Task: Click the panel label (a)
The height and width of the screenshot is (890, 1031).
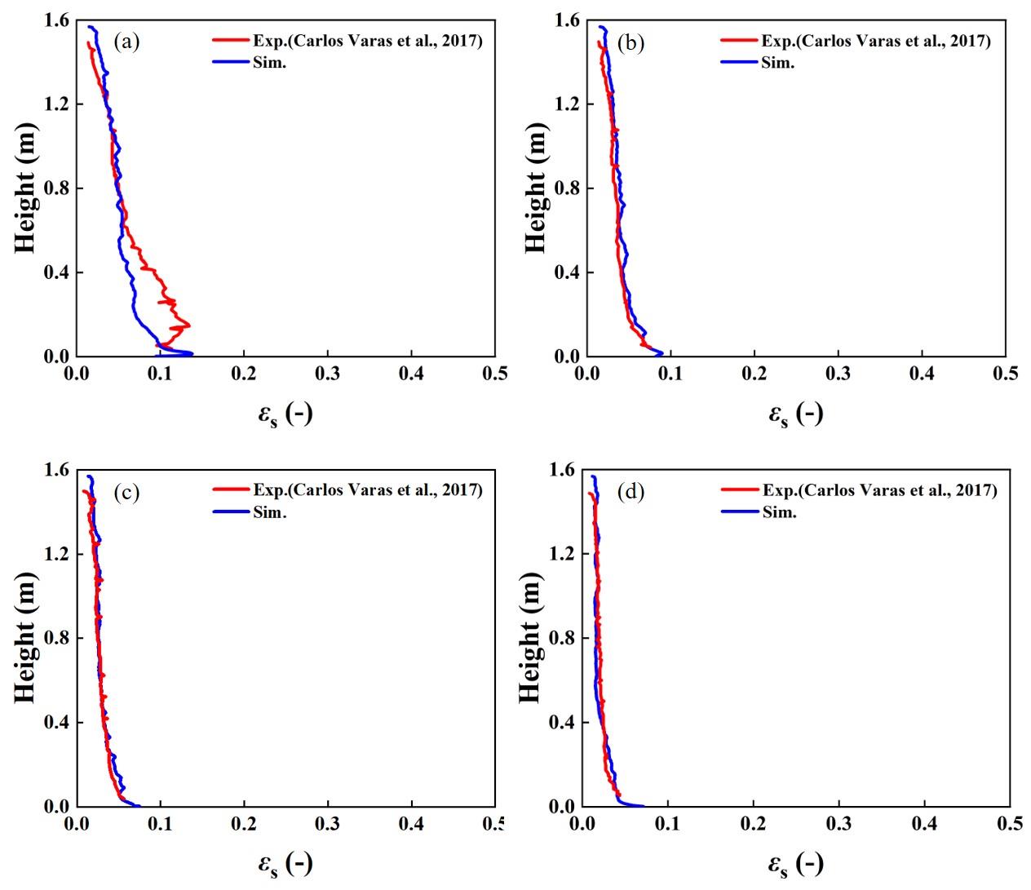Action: click(126, 42)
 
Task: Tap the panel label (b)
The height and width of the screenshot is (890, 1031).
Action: click(631, 42)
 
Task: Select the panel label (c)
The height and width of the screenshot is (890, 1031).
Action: click(126, 493)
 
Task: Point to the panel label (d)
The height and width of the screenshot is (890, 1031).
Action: click(631, 493)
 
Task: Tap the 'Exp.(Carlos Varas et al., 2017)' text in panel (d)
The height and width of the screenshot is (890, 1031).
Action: click(879, 490)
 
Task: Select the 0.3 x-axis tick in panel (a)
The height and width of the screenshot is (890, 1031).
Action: click(327, 374)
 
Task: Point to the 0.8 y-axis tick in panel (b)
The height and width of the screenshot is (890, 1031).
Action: click(569, 188)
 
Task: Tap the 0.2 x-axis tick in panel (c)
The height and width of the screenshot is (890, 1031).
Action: click(243, 823)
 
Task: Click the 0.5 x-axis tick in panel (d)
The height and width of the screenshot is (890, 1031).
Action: click(1008, 823)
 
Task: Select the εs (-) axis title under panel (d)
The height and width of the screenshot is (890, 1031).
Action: click(795, 863)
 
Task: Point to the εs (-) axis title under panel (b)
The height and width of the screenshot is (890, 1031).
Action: click(795, 414)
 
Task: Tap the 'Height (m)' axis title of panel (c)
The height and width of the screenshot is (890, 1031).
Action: click(25, 638)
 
